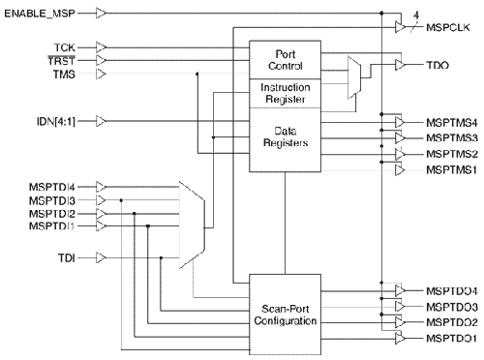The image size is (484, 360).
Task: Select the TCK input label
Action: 65,45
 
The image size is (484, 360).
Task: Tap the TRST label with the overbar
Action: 62,60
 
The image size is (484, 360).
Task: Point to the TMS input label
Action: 65,74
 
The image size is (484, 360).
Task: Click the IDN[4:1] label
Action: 53,121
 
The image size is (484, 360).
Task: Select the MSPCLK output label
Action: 448,28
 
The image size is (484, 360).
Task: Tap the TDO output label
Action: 437,65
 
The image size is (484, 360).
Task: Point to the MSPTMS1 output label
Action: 450,169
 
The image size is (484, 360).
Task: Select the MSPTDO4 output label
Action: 450,290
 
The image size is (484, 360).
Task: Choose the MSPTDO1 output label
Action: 450,337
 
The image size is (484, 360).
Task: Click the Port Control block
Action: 284,59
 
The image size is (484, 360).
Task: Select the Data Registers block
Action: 284,136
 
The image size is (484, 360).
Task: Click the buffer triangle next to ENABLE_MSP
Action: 103,14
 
